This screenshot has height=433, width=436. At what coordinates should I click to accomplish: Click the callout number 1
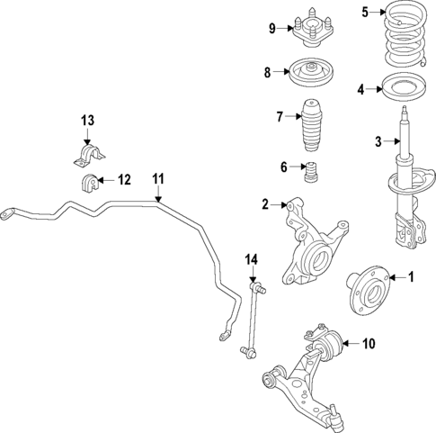tap(413, 277)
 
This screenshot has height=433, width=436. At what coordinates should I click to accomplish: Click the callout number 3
tap(378, 141)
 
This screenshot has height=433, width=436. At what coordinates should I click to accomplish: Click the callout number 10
tap(369, 343)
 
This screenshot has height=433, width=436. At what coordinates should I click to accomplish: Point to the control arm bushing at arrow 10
tap(329, 344)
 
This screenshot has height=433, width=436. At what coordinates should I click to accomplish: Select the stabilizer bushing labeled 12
tap(91, 185)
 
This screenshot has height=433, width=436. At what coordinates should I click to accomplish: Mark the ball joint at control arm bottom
tap(334, 414)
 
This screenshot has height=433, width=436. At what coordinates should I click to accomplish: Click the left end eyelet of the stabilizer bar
tap(10, 214)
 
